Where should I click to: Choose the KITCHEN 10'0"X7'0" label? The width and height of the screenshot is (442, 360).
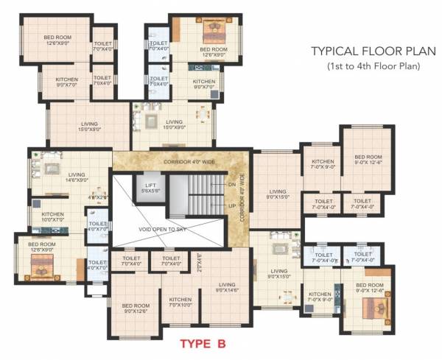tap(53, 216)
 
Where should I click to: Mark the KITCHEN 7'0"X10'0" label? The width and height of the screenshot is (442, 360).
tap(180, 302)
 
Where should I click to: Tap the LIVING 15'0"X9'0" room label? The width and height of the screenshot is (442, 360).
tap(174, 124)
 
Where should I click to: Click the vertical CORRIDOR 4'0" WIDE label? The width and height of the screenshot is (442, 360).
tap(241, 194)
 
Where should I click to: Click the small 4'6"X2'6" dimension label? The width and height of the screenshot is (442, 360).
tap(97, 197)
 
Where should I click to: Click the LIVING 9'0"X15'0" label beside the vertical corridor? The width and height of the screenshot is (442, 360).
tap(277, 194)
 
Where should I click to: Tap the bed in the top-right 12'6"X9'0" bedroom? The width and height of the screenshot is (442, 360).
tap(214, 33)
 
